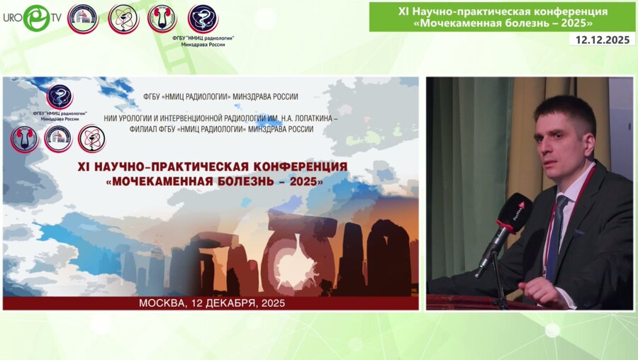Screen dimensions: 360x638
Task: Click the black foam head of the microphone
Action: coord(515,212)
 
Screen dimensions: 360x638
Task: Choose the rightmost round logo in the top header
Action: coord(203,18)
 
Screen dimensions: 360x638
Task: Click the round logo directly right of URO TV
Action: coord(83,18)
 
